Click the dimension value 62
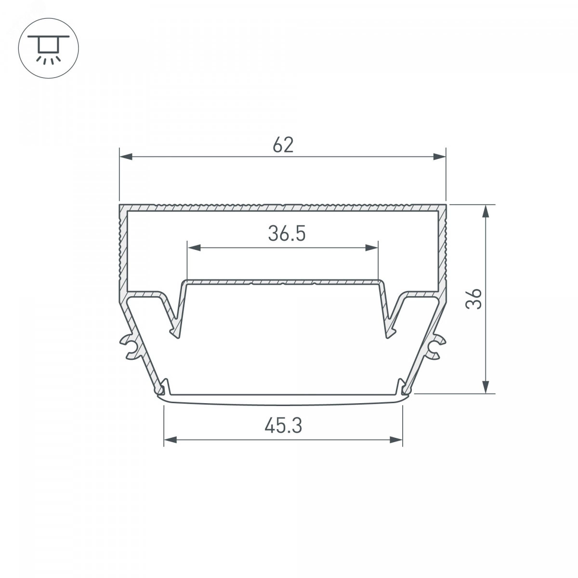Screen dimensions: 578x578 (283, 145)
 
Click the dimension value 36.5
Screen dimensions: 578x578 (287, 234)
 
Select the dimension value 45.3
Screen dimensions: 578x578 (283, 426)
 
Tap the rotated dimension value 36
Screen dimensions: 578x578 (474, 299)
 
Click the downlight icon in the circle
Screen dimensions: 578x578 (49, 48)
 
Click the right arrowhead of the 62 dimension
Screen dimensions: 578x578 (439, 157)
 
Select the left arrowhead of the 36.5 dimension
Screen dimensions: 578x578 (194, 248)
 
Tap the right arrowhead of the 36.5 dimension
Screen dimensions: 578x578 (372, 248)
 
